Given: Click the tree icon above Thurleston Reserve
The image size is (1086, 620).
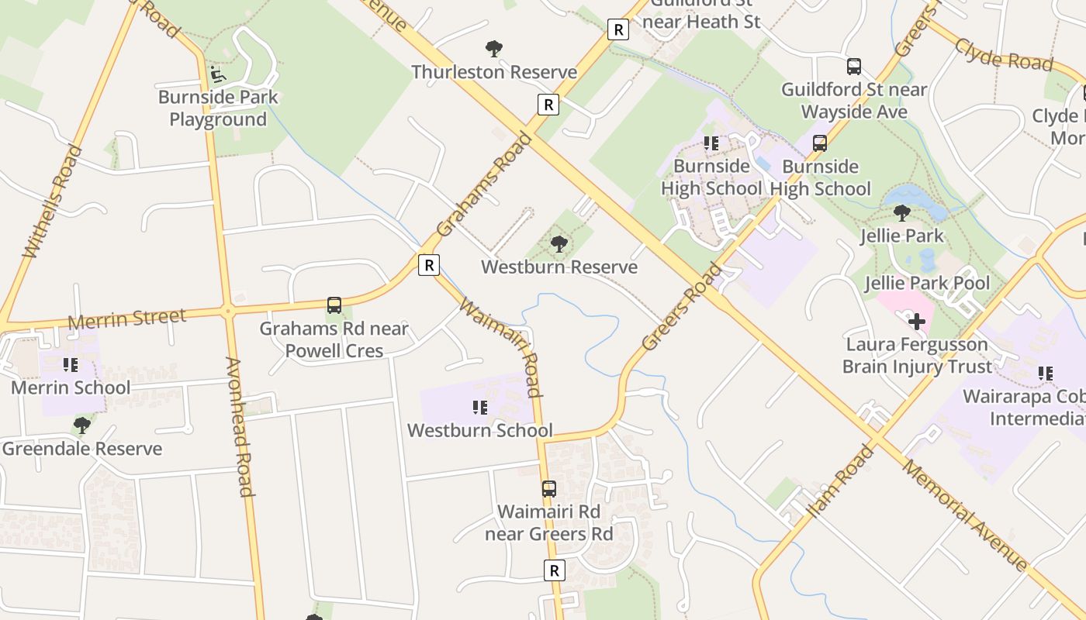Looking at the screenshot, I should point(493,49).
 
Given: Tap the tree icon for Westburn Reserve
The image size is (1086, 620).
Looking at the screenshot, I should point(558,244).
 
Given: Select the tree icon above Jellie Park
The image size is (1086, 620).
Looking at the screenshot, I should point(901,212).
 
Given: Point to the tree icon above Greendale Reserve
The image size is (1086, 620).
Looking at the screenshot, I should point(81,425).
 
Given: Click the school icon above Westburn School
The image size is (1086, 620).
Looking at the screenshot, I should point(480,407).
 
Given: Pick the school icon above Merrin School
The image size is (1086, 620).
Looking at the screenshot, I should point(71,364).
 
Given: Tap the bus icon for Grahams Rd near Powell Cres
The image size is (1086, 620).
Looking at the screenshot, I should point(334,305).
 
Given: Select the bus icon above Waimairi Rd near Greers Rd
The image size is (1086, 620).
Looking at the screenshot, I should point(548,489).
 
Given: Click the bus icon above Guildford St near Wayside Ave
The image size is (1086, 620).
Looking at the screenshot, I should point(854,67).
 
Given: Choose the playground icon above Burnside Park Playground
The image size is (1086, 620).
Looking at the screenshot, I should point(218,74).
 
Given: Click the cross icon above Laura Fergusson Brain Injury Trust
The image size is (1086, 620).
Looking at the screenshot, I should point(917,321).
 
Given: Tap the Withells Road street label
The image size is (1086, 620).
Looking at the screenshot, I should point(53,201).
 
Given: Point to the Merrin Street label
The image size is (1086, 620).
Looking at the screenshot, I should point(127,318).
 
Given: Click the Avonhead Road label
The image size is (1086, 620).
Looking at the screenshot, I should point(240,426).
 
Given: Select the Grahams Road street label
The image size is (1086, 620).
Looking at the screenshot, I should point(484,185).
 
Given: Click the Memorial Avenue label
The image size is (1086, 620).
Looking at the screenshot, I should point(966,516).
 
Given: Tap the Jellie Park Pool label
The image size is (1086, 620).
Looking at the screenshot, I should point(928,283).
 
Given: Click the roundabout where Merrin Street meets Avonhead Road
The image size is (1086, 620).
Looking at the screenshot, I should point(228,312).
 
